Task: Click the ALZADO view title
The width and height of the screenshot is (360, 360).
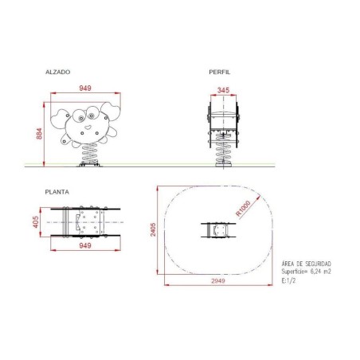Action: tap(58, 72)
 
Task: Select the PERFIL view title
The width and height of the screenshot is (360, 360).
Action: tap(220, 72)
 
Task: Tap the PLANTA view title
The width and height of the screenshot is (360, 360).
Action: tap(57, 192)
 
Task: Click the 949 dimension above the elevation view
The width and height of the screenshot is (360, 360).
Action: tap(85, 88)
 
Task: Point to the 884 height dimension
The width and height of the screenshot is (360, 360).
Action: tap(39, 134)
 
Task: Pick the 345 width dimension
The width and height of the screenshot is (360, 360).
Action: tap(223, 90)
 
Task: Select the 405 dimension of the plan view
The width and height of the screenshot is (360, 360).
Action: tap(36, 222)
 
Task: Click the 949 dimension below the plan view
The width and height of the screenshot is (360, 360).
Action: tap(85, 245)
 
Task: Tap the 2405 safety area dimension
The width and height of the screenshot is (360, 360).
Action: tap(153, 229)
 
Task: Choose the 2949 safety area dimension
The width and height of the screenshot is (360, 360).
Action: tap(218, 281)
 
